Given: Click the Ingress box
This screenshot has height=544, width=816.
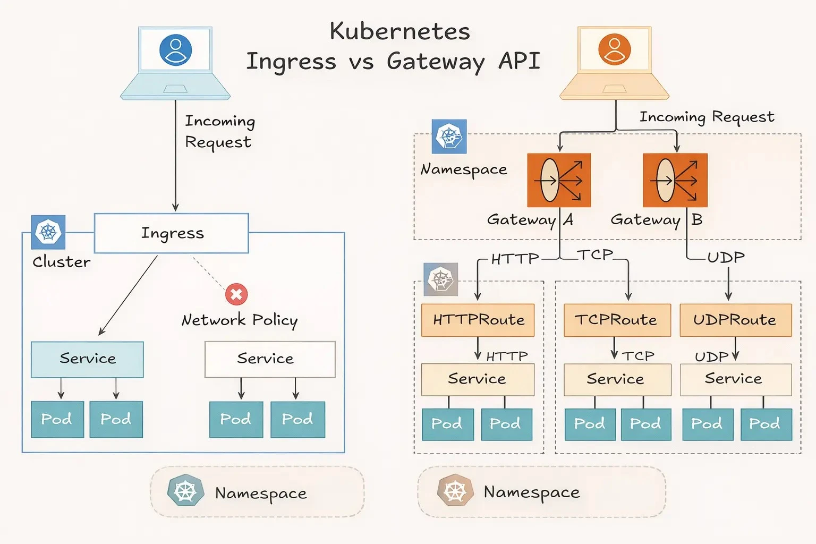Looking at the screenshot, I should click(171, 233).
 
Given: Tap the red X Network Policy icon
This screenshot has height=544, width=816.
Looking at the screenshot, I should click(236, 294).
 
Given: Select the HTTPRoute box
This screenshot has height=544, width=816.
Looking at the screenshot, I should click(478, 320).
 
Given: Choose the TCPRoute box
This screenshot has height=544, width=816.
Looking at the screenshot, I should click(617, 320).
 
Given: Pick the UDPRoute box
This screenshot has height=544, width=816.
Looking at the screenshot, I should click(735, 320).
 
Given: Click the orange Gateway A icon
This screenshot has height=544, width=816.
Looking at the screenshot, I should click(559, 180).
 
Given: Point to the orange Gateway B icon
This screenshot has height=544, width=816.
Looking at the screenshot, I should click(675, 180).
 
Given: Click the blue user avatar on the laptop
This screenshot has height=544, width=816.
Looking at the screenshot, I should click(175, 50).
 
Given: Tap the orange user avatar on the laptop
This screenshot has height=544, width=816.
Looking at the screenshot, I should click(614, 49).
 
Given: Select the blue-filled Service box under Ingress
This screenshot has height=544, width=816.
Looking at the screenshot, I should click(87, 359).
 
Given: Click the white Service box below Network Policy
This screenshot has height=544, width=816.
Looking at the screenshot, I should click(270, 359).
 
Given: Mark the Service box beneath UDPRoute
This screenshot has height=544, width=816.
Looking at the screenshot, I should click(735, 379).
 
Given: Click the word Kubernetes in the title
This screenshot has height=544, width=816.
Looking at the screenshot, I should click(399, 31).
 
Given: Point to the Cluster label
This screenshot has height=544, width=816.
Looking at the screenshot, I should click(61, 262).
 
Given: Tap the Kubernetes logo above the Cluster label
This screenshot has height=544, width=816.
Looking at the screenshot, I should click(48, 232).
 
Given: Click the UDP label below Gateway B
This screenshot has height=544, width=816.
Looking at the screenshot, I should click(726, 258).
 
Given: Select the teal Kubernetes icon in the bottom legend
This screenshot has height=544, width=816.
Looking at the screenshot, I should click(185, 491).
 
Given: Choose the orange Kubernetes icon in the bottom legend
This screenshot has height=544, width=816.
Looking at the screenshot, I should click(455, 491).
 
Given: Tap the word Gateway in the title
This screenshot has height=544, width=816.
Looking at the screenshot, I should click(436, 62).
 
